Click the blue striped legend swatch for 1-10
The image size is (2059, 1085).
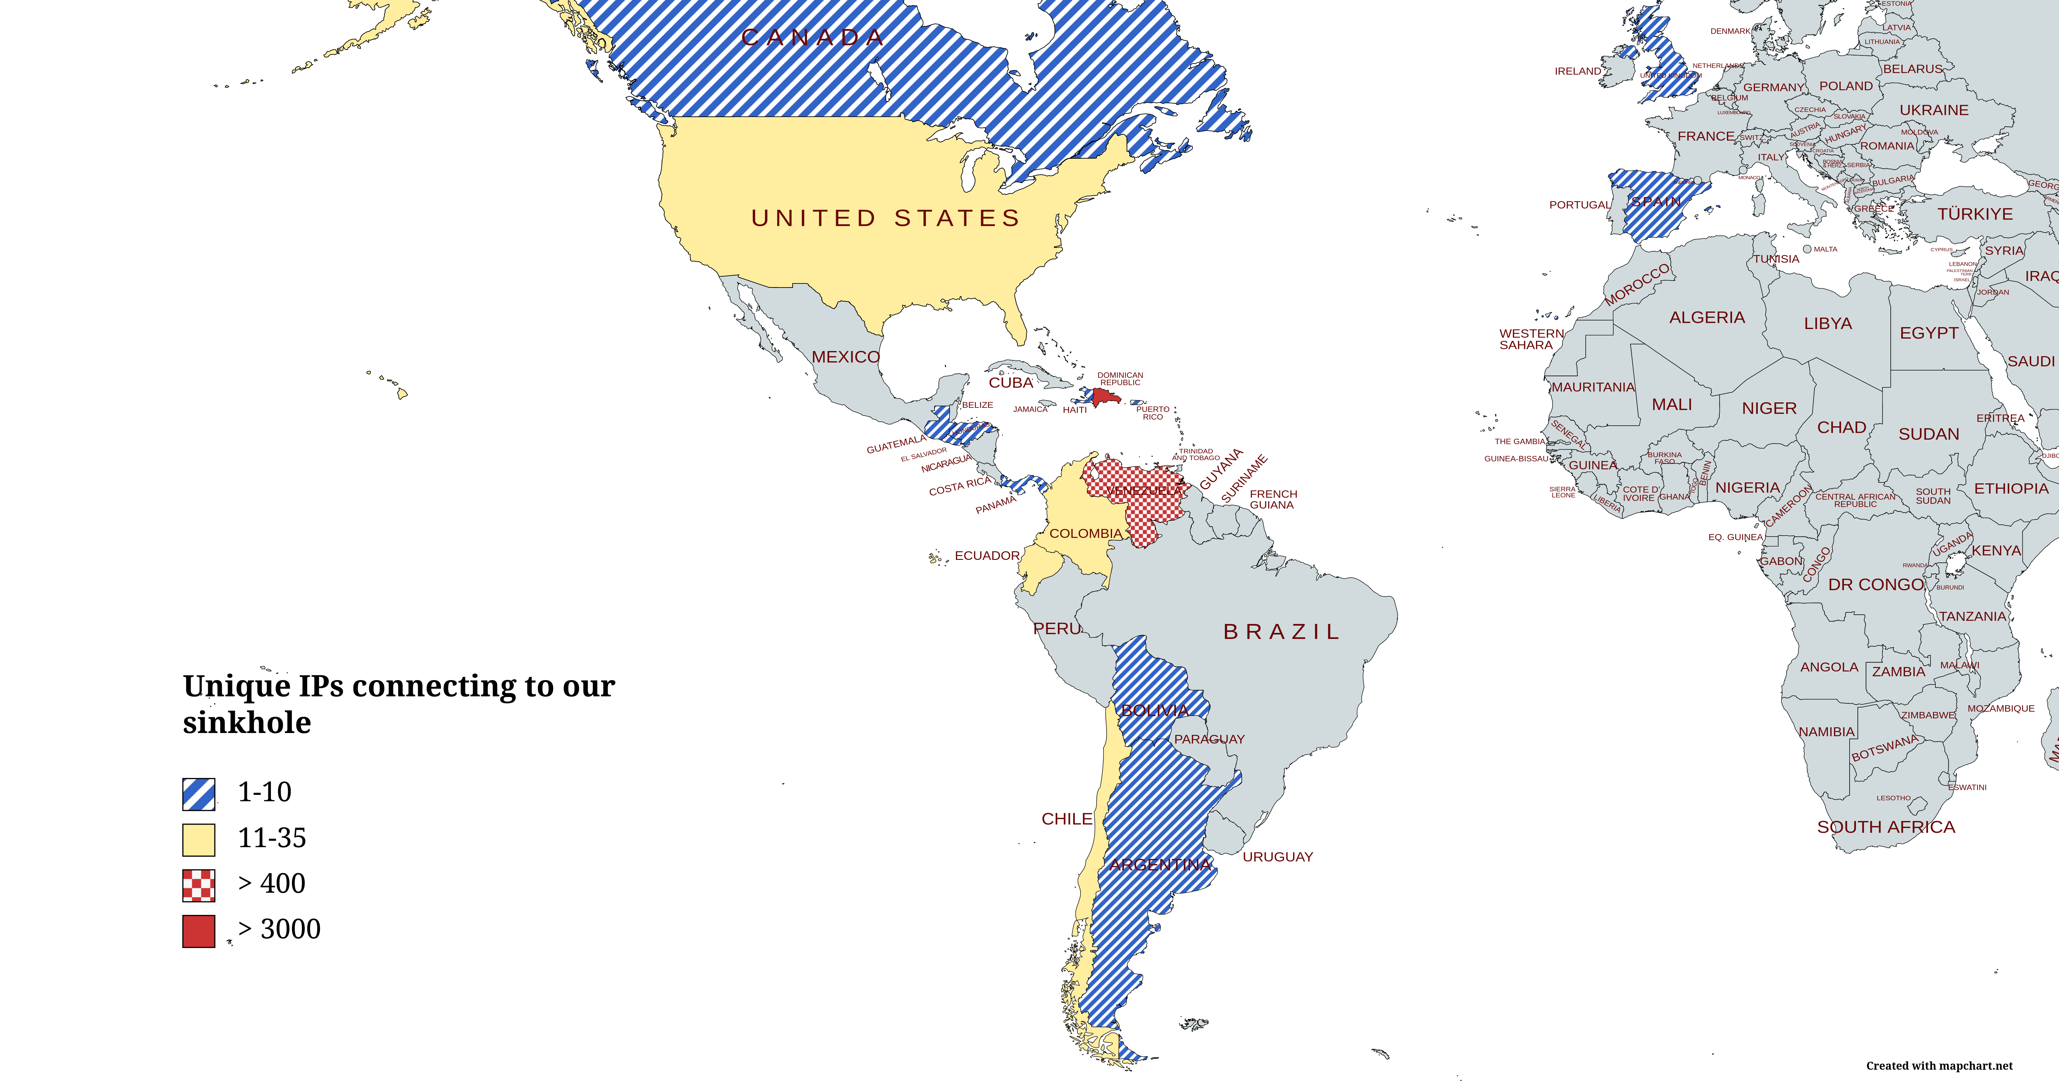click(198, 794)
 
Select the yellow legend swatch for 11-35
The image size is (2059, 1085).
click(198, 839)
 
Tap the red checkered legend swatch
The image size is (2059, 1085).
click(198, 885)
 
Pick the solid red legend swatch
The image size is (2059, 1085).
click(198, 931)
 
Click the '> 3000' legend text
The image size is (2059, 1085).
click(279, 929)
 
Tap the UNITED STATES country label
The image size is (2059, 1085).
click(886, 218)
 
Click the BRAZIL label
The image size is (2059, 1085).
click(1281, 632)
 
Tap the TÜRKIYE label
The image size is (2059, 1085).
click(1974, 214)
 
